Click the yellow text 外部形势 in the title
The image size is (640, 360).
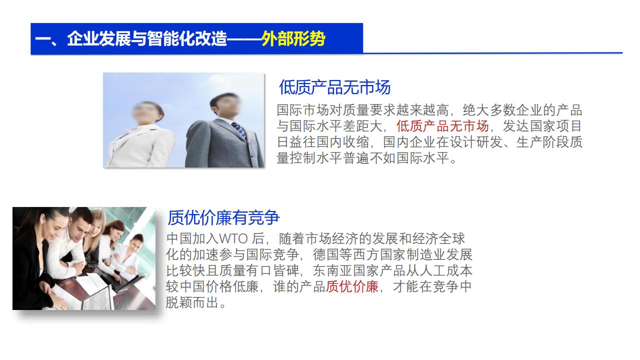(x=293, y=38)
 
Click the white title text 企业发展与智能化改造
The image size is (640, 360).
(x=147, y=38)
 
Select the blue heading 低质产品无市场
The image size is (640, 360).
(x=334, y=87)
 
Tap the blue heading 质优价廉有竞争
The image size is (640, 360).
(x=223, y=217)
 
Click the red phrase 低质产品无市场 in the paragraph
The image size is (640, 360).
(x=442, y=126)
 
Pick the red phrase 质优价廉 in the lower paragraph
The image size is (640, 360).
(x=352, y=286)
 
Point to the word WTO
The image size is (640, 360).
(x=233, y=239)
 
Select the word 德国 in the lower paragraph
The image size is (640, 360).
(x=326, y=254)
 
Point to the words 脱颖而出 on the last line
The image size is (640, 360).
(x=192, y=302)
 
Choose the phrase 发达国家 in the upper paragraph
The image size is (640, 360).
(x=529, y=126)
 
